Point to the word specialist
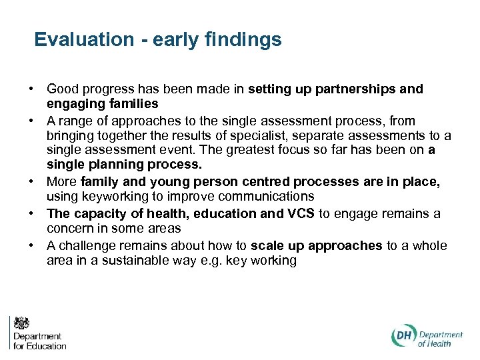point(266,136)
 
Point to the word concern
point(70,229)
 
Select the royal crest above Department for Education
point(21,323)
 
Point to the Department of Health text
point(441,339)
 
